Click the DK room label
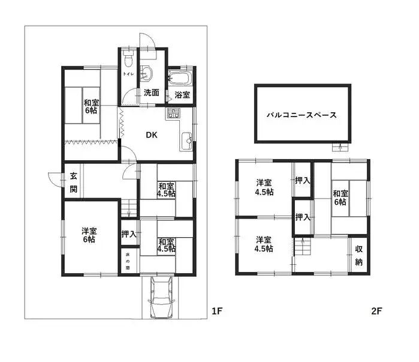tap(152, 135)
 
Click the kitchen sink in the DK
tap(186, 140)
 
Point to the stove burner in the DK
tap(173, 113)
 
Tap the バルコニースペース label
tap(302, 115)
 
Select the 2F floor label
tap(376, 311)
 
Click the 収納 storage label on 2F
tap(359, 256)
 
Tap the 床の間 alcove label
tap(128, 261)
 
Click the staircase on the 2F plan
tap(303, 246)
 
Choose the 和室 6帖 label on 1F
tap(91, 106)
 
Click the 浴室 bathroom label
tap(182, 95)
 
